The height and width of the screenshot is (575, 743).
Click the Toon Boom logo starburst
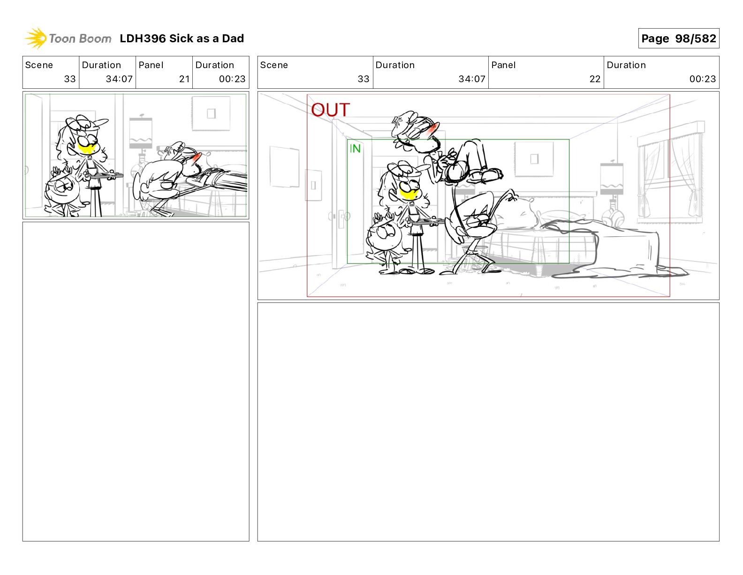pyautogui.click(x=36, y=38)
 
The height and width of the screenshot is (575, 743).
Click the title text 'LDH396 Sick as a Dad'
pyautogui.click(x=182, y=39)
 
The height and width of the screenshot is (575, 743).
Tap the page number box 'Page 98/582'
pyautogui.click(x=678, y=39)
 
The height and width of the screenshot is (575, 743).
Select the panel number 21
pyautogui.click(x=184, y=79)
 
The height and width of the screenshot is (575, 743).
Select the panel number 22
pyautogui.click(x=595, y=79)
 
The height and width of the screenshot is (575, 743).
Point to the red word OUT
pyautogui.click(x=330, y=110)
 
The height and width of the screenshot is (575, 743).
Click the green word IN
pyautogui.click(x=355, y=148)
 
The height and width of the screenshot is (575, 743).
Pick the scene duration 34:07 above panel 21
pyautogui.click(x=119, y=79)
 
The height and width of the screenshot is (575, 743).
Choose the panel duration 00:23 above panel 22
pyautogui.click(x=702, y=79)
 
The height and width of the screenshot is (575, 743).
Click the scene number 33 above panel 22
pyautogui.click(x=364, y=79)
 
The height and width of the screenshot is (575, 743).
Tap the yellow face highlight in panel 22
pyautogui.click(x=408, y=194)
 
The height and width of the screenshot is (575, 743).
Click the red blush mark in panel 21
pyautogui.click(x=196, y=157)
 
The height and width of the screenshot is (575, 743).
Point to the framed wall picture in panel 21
pyautogui.click(x=211, y=113)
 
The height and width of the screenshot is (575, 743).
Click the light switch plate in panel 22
pyautogui.click(x=313, y=185)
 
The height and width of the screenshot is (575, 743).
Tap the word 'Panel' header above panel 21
pyautogui.click(x=151, y=65)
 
